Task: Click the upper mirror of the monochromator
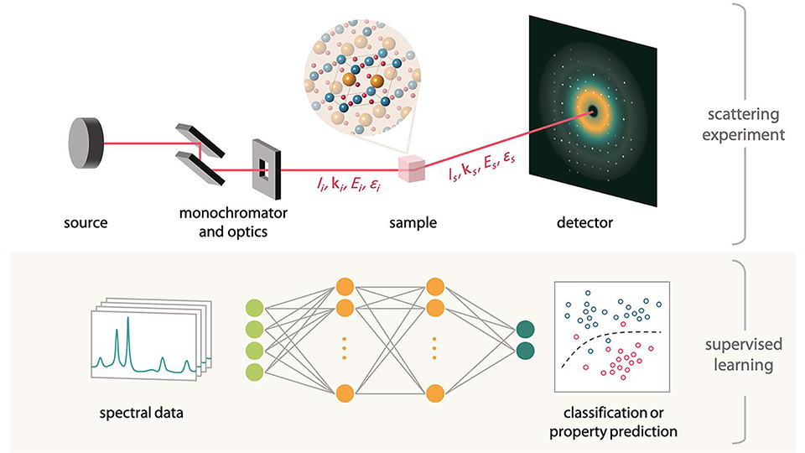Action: pos(194,137)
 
